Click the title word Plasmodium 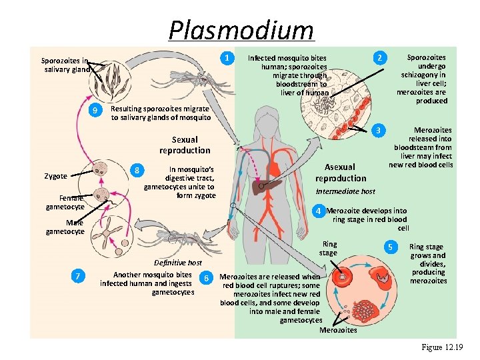point(241,30)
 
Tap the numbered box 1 point(228,58)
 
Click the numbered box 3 point(379,130)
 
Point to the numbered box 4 point(319,211)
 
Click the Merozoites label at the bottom point(338,330)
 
